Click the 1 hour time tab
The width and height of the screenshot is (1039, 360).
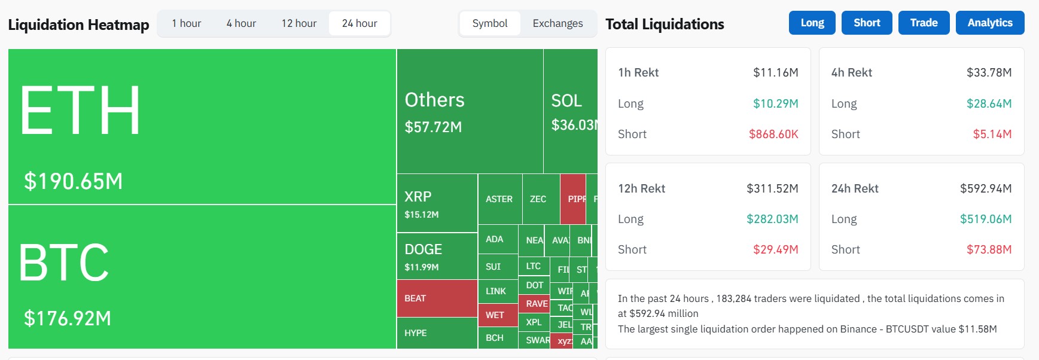(x=186, y=23)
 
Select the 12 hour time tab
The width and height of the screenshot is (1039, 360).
(x=299, y=23)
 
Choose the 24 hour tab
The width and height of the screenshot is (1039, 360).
(x=359, y=23)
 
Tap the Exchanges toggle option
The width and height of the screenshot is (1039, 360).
(x=557, y=23)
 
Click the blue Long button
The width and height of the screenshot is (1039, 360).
(x=812, y=23)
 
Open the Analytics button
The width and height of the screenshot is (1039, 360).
(x=989, y=23)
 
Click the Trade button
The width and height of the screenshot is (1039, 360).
(x=924, y=23)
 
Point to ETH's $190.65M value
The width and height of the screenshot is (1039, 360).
(x=73, y=181)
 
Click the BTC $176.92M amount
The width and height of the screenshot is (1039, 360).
(x=68, y=318)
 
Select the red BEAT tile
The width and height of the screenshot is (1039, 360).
(x=437, y=298)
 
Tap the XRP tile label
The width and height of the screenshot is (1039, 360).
(x=418, y=197)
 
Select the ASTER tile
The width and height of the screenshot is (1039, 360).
(x=499, y=199)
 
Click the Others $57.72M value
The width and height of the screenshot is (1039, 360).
(x=433, y=127)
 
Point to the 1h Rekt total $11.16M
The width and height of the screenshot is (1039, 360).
(x=775, y=72)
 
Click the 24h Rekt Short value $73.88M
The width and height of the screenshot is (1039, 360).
(x=989, y=249)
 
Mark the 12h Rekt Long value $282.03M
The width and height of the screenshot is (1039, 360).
(x=772, y=219)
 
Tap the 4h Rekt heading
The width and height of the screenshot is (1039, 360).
(x=851, y=72)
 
